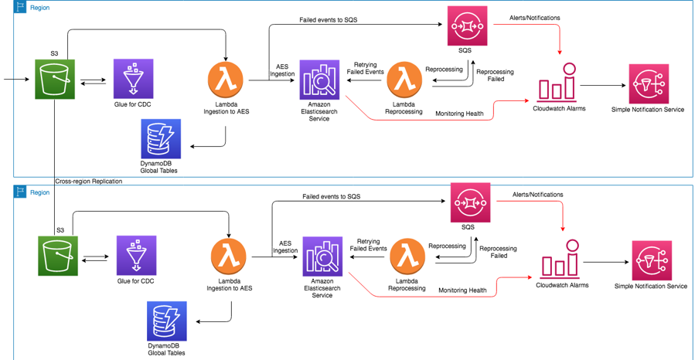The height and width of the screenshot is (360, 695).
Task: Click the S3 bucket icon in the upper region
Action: click(55, 79)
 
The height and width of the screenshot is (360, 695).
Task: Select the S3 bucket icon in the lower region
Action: click(58, 256)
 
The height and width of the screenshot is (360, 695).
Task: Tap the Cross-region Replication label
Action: click(88, 182)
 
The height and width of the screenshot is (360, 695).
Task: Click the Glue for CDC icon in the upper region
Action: click(133, 79)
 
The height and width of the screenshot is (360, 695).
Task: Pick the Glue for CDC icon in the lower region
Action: click(136, 256)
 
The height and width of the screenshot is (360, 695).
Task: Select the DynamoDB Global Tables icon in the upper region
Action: click(161, 139)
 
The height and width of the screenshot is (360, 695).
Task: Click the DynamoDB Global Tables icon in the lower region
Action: click(165, 321)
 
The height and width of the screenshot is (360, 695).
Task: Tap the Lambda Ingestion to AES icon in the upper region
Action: click(227, 80)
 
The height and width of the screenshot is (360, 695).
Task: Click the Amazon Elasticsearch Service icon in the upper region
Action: click(319, 80)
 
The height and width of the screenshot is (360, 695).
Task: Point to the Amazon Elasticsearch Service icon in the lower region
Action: click(322, 256)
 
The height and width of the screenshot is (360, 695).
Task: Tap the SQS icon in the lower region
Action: click(471, 202)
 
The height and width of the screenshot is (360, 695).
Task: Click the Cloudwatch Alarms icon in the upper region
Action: click(558, 83)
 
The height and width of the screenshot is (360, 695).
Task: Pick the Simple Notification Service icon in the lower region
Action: click(651, 260)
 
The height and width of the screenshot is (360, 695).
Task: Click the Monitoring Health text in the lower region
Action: click(462, 290)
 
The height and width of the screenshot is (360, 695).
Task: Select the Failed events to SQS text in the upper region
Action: click(328, 19)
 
